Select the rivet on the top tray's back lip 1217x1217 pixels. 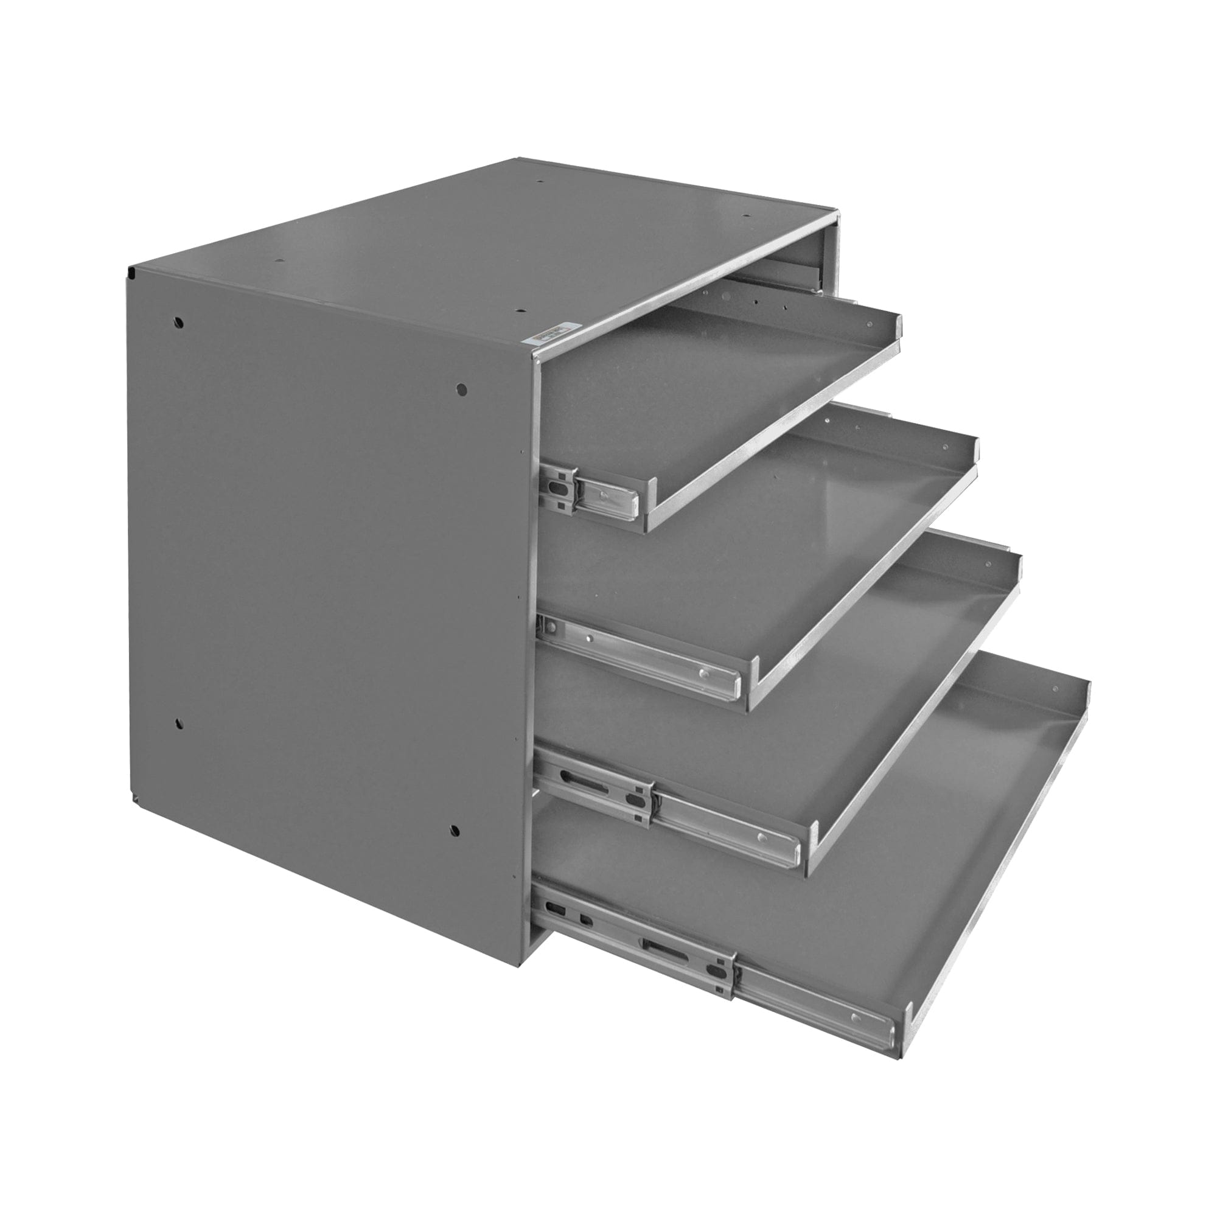870,324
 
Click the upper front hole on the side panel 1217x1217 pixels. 462,389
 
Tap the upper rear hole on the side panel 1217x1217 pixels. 179,323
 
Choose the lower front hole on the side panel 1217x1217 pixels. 455,830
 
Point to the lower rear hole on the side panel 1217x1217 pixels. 179,724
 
